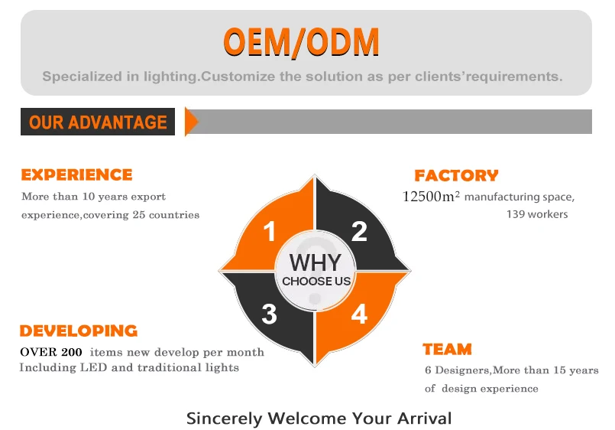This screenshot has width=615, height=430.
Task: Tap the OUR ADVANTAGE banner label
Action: click(x=98, y=122)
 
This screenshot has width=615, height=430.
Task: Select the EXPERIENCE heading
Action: click(x=76, y=174)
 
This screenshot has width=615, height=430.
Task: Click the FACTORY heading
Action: click(x=456, y=176)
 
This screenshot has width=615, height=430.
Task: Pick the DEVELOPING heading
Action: click(x=79, y=331)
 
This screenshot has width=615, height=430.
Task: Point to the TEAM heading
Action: click(x=447, y=350)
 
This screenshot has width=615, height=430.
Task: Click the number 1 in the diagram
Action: click(x=269, y=231)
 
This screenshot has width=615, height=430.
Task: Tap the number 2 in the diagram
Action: click(x=359, y=231)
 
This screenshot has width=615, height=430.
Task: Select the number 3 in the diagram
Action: click(x=269, y=314)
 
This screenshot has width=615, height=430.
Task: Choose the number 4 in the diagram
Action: click(x=359, y=314)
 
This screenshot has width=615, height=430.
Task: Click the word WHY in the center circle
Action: click(x=315, y=262)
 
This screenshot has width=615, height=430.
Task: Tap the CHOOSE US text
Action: click(x=316, y=282)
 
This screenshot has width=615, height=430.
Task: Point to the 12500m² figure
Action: click(x=431, y=197)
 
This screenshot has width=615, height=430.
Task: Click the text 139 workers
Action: click(x=537, y=214)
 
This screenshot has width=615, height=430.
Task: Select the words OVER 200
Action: click(x=53, y=352)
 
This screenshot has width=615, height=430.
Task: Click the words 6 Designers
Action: click(x=457, y=370)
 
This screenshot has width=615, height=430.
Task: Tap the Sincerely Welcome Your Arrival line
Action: click(x=319, y=419)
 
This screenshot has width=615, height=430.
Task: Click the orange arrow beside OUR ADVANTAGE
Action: click(x=191, y=122)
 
